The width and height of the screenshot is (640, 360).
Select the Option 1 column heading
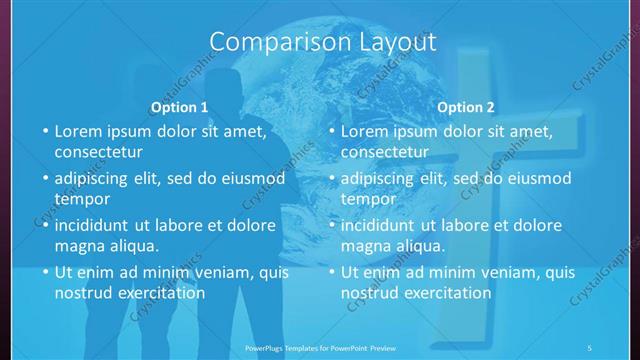pos(179,107)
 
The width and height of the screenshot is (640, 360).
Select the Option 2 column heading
pos(465,107)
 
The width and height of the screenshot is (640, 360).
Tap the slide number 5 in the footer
pos(589,347)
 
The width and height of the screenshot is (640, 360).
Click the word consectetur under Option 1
pos(98,153)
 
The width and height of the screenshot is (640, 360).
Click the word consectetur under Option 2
pos(384,153)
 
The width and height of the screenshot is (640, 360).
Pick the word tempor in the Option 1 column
pos(81,199)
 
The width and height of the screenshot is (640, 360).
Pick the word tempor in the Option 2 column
pos(367,199)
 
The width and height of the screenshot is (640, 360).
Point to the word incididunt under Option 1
pos(96,225)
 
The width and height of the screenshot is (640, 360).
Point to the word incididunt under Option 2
pos(382,225)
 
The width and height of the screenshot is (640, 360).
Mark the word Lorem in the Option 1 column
pos(77,131)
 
